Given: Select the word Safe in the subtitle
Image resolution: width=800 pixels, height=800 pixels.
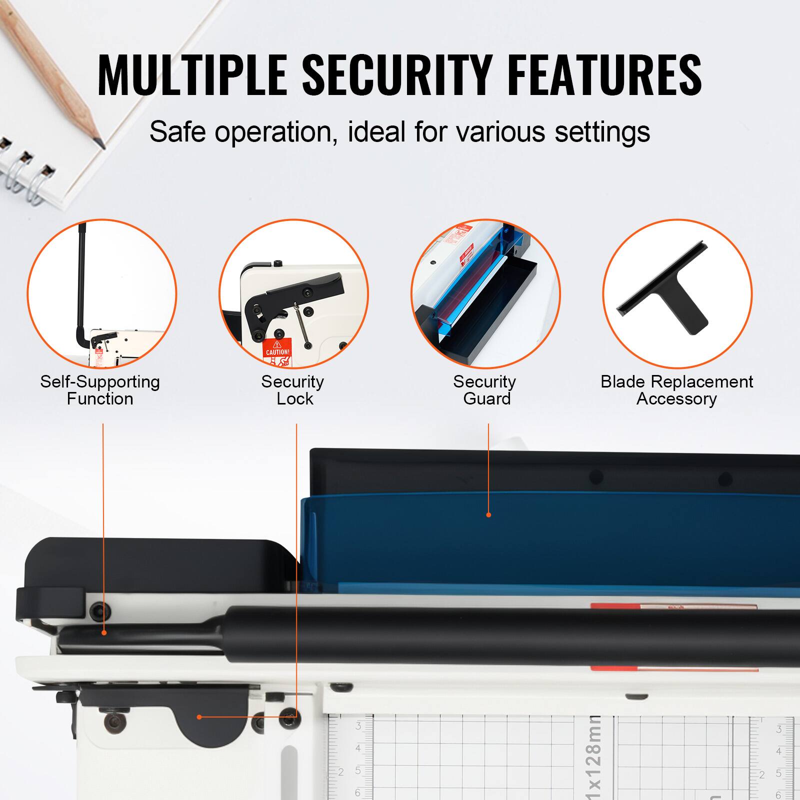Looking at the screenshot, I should pos(177,132).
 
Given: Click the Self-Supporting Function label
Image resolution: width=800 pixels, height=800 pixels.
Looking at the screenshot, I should pos(100,390).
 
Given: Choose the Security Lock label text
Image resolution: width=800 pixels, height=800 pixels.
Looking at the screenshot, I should pos(293,390).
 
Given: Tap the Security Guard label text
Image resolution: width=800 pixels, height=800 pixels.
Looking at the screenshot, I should pos(485,390).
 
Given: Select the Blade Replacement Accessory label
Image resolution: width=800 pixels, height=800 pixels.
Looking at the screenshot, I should pos(676,390).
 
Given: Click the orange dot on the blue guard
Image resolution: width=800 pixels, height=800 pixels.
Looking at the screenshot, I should pos(488,514).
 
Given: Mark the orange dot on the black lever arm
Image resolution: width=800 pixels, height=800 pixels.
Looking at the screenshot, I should pos(104,633).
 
